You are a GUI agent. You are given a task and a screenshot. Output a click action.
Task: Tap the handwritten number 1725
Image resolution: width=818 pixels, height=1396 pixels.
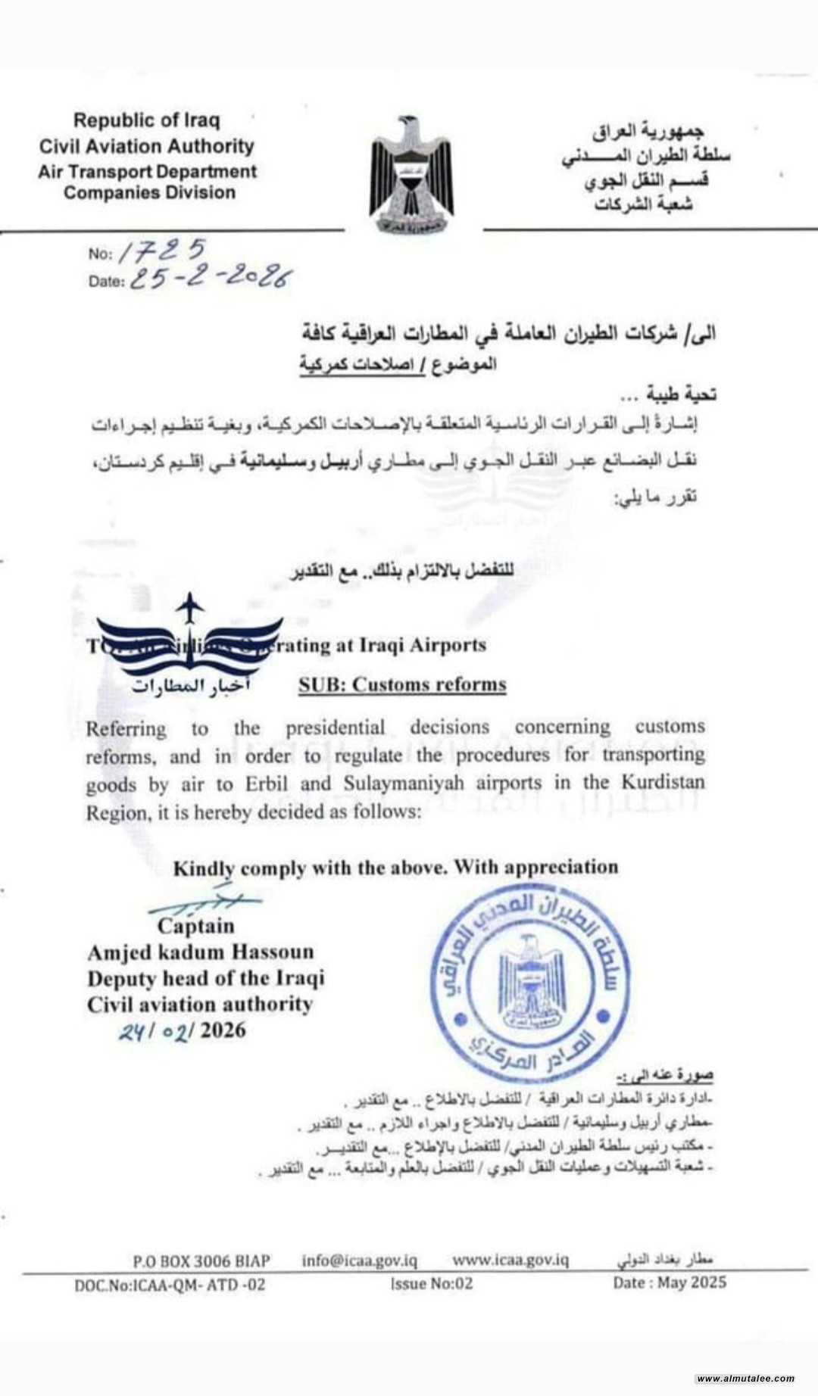[x=163, y=251]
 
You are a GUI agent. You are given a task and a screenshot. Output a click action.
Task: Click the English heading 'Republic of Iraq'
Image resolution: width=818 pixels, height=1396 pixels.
[x=147, y=120]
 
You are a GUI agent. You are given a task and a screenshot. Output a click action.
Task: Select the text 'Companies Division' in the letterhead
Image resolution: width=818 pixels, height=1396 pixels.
[x=149, y=192]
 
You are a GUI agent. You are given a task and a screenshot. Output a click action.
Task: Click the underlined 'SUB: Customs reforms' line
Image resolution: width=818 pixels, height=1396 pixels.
[x=402, y=684]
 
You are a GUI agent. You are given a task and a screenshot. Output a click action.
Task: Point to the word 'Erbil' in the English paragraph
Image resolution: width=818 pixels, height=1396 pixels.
[x=267, y=784]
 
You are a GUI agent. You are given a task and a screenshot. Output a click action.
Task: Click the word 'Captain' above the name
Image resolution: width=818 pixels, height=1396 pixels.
[x=195, y=926]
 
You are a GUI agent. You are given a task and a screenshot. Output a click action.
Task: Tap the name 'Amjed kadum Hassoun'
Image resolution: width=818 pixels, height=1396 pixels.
[x=200, y=952]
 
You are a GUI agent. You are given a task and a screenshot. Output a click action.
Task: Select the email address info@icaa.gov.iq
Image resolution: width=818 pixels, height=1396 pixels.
[x=359, y=1260]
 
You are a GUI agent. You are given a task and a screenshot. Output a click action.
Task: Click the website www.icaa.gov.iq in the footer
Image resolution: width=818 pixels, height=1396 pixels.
[x=510, y=1260]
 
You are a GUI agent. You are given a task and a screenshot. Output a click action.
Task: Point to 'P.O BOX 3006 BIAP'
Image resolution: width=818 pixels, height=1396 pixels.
[x=201, y=1260]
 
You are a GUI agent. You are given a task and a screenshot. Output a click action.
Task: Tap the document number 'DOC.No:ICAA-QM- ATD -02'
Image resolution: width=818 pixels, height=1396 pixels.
[x=170, y=1285]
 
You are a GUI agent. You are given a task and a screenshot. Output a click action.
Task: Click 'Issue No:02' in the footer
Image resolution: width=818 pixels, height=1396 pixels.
[x=432, y=1283]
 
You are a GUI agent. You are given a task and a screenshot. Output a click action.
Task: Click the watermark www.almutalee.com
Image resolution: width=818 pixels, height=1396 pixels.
[x=745, y=1379]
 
